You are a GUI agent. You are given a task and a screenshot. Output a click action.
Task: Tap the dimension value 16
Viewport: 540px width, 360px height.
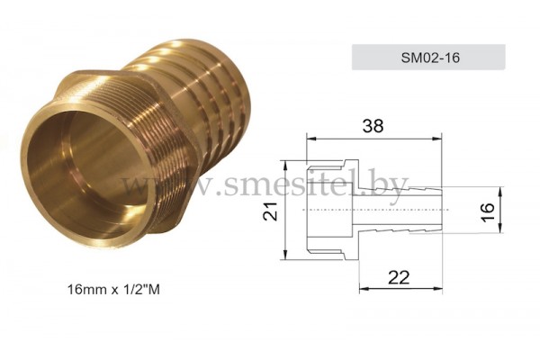(487, 211)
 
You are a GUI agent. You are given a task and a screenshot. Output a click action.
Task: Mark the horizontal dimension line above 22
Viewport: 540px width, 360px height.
(400, 290)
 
